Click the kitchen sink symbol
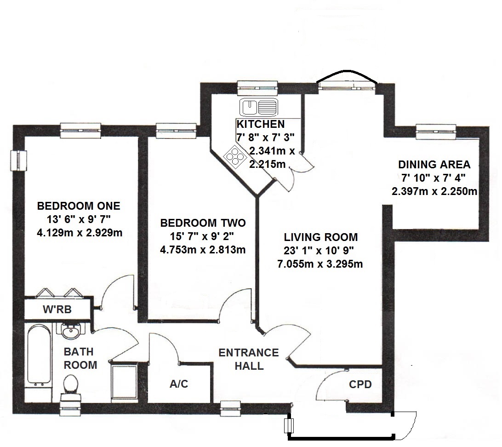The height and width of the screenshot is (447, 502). (258, 108)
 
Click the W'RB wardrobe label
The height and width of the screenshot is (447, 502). (57, 309)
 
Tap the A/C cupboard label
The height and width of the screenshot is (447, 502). (179, 384)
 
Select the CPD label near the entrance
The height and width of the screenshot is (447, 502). (360, 384)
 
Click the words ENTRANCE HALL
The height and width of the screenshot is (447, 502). (248, 359)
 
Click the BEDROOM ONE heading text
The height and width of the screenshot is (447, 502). (79, 205)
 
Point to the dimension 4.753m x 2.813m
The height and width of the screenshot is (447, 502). (203, 250)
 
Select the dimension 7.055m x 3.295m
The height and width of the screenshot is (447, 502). (320, 264)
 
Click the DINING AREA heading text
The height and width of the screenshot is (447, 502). (434, 164)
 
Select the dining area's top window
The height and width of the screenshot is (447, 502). (436, 131)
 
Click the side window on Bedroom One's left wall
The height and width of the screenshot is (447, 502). (19, 160)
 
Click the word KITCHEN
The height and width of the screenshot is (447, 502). (260, 124)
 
